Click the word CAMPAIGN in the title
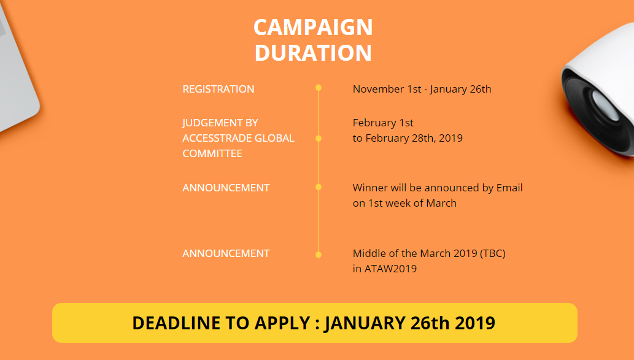(x=313, y=28)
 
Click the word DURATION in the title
(x=313, y=53)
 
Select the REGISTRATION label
(x=218, y=89)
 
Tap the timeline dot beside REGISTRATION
(x=319, y=88)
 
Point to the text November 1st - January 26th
(x=422, y=89)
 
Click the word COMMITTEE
(x=212, y=153)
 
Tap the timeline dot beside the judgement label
(x=319, y=139)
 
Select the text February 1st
(x=383, y=123)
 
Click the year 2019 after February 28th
(x=451, y=138)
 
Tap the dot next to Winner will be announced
(x=319, y=187)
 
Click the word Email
(x=509, y=188)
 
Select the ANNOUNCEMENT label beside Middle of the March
(x=226, y=253)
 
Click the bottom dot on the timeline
(x=319, y=255)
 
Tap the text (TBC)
(x=492, y=253)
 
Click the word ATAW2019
(x=390, y=269)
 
